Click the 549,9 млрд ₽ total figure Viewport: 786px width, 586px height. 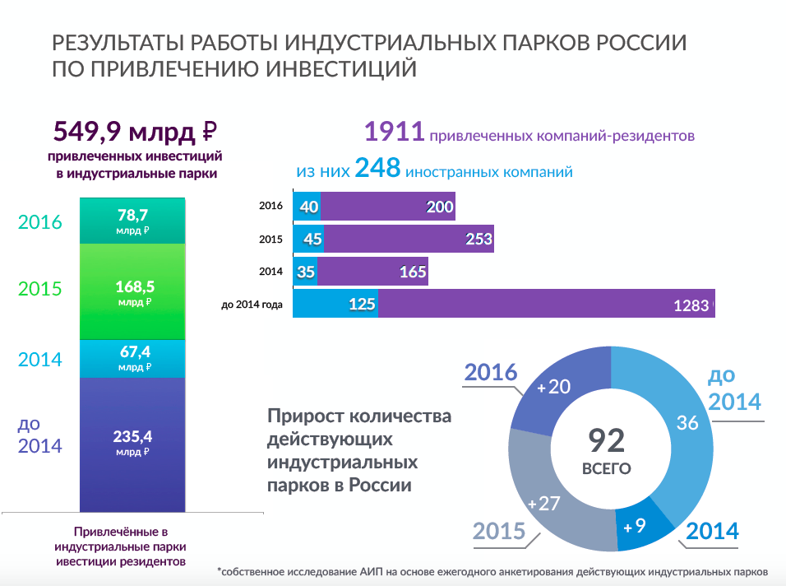tap(134, 132)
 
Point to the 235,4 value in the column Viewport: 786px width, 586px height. tap(132, 437)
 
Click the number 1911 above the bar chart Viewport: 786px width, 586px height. tap(394, 132)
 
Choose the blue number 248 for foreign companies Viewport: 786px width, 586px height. tap(377, 169)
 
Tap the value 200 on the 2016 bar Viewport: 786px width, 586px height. tap(440, 207)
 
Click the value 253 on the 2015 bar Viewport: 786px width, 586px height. tap(478, 240)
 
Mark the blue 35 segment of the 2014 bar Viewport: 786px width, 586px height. tap(306, 272)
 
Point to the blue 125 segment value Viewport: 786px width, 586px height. tap(362, 305)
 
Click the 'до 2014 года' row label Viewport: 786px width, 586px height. tap(252, 305)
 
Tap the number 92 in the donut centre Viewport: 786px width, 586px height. tap(607, 440)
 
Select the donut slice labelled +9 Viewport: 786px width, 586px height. tap(642, 527)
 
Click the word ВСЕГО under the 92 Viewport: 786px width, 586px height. tap(607, 469)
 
